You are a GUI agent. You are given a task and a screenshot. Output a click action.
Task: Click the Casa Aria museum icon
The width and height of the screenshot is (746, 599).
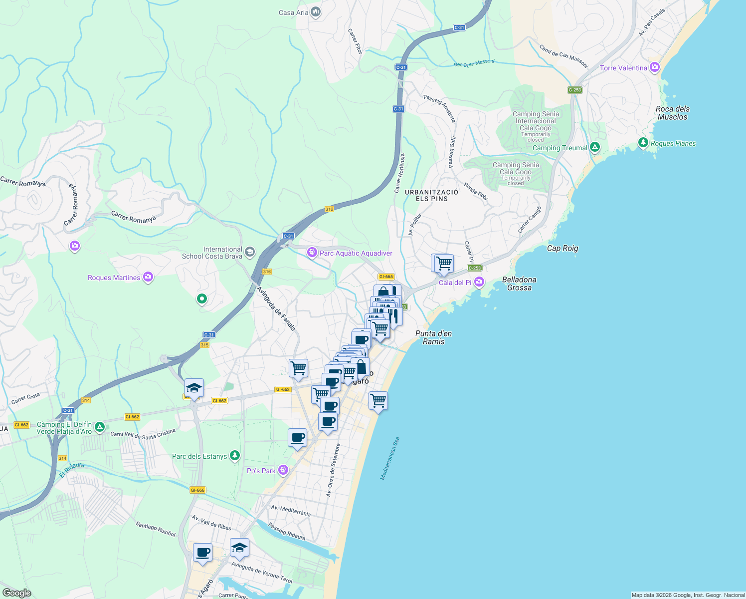coord(315,12)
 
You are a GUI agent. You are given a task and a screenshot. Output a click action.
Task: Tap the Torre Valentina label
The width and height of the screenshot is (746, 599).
coord(623,68)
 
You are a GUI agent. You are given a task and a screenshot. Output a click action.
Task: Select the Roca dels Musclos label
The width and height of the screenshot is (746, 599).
coord(672,113)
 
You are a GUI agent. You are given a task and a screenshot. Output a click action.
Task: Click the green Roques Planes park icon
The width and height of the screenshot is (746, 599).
coord(643,143)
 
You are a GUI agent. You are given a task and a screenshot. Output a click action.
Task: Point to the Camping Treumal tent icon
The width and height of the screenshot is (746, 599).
coord(594,147)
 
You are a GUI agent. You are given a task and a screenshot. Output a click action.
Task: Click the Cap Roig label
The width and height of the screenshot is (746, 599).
coord(562,248)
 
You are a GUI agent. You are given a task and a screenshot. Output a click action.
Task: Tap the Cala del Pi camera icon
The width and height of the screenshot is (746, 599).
coord(479,283)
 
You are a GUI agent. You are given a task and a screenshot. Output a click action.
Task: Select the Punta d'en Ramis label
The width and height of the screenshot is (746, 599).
coord(433,337)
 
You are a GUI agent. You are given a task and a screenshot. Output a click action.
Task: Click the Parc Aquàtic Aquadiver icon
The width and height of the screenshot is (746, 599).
coord(312,253)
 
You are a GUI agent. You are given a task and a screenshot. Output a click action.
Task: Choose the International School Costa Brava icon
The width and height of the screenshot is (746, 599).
coord(250,252)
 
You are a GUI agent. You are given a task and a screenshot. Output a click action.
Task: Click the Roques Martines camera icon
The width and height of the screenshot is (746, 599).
coord(148,278)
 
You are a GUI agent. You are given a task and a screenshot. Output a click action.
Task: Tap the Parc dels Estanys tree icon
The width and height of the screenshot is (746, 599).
coord(234,456)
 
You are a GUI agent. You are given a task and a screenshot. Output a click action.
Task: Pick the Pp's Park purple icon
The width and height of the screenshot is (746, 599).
coord(283,470)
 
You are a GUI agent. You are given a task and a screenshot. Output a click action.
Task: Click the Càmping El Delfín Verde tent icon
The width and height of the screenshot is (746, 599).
coord(100,427)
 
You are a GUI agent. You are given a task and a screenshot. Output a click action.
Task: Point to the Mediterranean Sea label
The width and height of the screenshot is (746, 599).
coord(390,459)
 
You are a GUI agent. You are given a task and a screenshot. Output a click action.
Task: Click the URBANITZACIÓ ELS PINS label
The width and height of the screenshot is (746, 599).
coord(431,195)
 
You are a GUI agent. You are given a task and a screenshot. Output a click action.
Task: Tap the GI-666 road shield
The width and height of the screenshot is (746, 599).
coord(197,490)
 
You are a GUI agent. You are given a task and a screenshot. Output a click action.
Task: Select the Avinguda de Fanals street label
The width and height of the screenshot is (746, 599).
coord(276,308)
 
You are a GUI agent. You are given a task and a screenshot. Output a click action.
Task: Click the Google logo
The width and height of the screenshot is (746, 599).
coord(17,593)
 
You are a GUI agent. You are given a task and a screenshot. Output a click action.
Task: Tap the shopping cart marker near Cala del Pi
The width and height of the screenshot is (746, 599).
coord(443,263)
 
